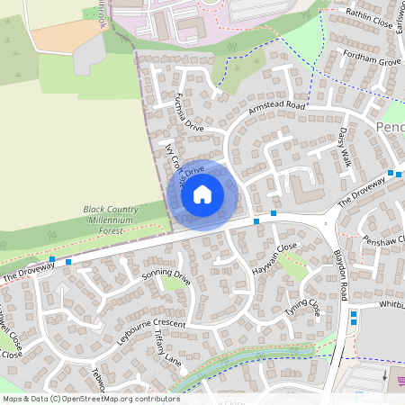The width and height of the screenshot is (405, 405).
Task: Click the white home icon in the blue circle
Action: [x=202, y=193]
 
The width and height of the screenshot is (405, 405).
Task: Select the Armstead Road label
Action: [x=278, y=109]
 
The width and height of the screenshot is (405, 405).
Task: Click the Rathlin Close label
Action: [x=367, y=18]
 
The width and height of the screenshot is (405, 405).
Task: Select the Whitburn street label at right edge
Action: [x=392, y=304]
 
